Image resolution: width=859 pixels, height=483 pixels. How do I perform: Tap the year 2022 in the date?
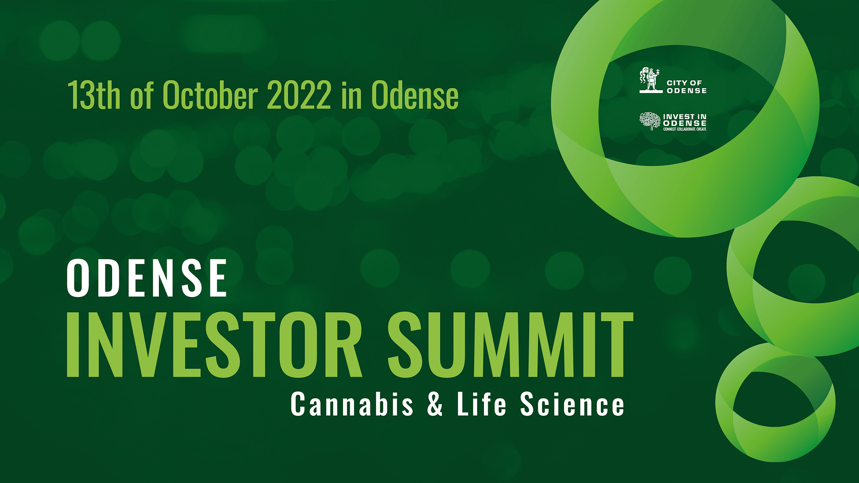tap(299, 95)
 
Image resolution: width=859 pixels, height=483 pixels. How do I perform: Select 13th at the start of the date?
tap(94, 95)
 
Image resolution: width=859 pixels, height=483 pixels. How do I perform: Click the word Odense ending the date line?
tap(415, 95)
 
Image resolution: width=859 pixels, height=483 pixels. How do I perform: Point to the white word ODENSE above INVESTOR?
tap(147, 278)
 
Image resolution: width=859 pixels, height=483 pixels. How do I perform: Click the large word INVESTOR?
tap(214, 345)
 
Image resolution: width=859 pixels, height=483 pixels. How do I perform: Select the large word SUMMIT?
tap(510, 345)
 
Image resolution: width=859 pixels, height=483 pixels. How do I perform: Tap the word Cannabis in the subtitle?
tap(352, 404)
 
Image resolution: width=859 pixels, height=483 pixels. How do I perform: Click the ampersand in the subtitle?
tap(435, 404)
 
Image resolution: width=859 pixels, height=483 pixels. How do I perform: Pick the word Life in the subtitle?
tap(481, 404)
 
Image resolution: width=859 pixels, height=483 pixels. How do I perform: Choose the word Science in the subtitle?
tap(572, 404)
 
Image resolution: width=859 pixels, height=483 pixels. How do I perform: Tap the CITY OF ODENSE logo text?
tap(686, 87)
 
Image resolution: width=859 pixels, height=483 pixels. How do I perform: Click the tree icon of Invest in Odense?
tap(650, 121)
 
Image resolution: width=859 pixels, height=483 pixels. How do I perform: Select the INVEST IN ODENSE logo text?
tap(685, 120)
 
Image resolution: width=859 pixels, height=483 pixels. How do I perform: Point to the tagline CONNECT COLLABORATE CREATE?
tap(685, 129)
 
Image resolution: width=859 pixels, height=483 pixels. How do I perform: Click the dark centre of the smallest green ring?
tap(773, 400)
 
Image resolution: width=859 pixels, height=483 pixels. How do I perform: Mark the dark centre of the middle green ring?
tap(807, 261)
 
